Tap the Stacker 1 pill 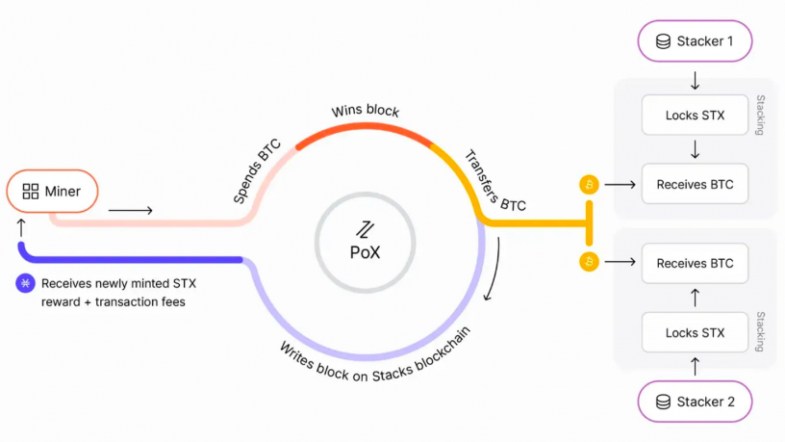click(695, 41)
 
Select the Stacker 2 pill click(695, 402)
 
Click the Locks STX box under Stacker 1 click(695, 117)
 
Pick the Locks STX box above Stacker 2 click(695, 332)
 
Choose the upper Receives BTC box click(695, 184)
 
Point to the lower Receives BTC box click(695, 263)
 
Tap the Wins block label click(365, 111)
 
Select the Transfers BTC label click(494, 180)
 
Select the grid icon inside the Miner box click(30, 192)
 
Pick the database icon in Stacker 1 click(662, 41)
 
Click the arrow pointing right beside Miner click(130, 209)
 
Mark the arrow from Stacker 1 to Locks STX click(695, 80)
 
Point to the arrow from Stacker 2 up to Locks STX click(695, 367)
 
